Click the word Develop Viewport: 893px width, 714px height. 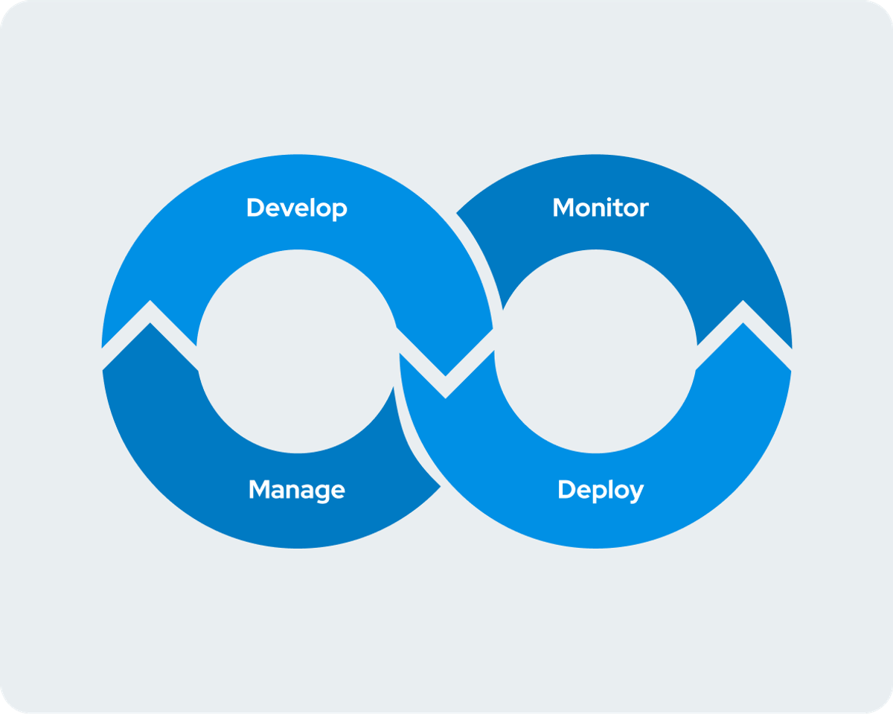tap(296, 208)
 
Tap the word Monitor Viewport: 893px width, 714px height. tap(600, 208)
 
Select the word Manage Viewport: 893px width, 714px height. tap(296, 490)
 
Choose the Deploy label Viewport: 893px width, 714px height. tap(600, 490)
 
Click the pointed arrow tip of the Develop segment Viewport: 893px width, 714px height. tap(445, 374)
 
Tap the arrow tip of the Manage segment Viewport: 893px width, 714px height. tap(150, 325)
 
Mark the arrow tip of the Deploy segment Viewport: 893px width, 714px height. tap(743, 325)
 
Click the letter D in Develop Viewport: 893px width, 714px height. tap(255, 208)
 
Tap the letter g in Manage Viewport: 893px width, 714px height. tap(320, 493)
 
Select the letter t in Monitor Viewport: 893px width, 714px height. tap(620, 208)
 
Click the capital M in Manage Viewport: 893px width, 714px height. tap(259, 490)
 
